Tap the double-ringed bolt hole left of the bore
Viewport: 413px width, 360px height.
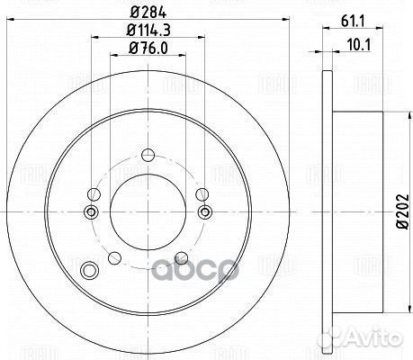(90, 212)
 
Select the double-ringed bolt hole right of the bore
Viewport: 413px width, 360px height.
(206, 212)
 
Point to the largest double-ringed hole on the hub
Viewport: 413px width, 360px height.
(88, 271)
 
